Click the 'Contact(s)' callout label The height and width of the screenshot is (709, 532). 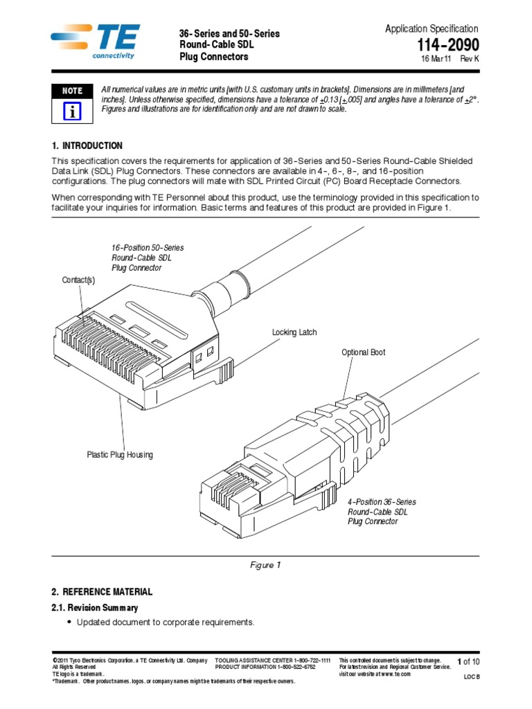point(78,280)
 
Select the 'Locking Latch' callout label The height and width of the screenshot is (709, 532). point(294,333)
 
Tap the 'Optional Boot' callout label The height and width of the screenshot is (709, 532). point(364,352)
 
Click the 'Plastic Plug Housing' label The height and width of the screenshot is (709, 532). point(120,455)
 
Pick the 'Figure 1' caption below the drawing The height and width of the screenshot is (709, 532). point(265,565)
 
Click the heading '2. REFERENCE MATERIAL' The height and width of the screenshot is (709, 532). point(102,592)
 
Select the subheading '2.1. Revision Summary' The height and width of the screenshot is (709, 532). point(95,608)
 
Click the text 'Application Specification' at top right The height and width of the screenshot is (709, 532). point(431,28)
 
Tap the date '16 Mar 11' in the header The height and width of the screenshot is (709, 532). point(436,60)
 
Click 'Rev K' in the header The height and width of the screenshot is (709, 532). point(470,60)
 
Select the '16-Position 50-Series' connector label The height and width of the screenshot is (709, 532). point(148,247)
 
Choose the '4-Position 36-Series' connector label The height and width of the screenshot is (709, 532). point(382,501)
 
